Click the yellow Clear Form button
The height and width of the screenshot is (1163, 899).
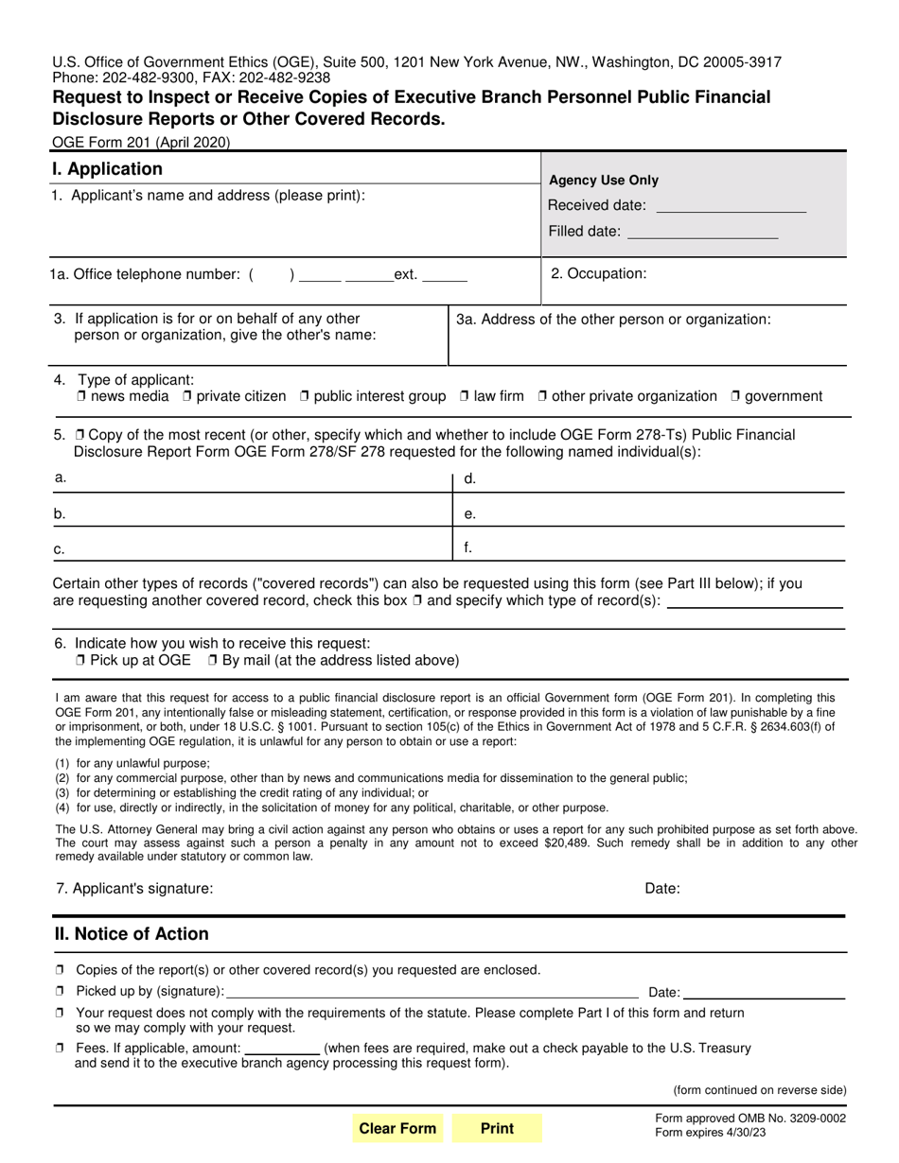(397, 1128)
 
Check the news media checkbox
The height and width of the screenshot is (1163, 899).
(81, 396)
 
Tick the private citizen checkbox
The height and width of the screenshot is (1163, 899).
(186, 396)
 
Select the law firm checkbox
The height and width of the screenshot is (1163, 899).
(464, 396)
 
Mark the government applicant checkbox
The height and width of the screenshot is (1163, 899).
(735, 396)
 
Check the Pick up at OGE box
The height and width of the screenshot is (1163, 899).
(81, 660)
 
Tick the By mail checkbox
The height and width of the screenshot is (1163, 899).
(212, 660)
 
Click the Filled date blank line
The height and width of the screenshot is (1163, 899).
(701, 233)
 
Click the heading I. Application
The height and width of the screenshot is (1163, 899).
(107, 169)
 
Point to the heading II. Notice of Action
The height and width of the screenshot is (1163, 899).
(132, 934)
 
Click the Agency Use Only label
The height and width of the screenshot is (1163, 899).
(604, 181)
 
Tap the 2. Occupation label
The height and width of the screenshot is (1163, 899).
(599, 273)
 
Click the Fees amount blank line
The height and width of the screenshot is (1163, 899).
(282, 1049)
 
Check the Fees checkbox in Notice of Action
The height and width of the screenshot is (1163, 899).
(60, 1048)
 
